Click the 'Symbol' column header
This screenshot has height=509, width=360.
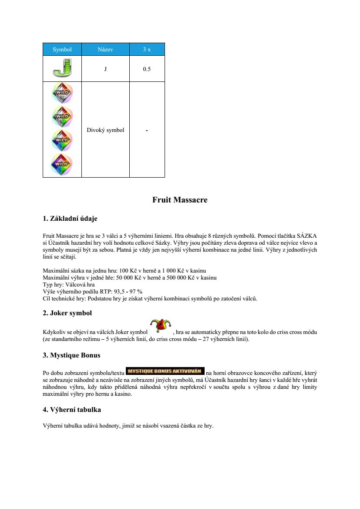click(62, 49)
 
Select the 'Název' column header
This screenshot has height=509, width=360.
click(105, 49)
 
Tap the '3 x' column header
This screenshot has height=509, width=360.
click(147, 49)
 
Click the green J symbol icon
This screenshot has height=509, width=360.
click(62, 68)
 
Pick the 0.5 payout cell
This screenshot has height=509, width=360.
click(147, 69)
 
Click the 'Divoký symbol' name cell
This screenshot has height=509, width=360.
click(105, 130)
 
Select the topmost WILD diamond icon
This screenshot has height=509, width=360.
click(62, 93)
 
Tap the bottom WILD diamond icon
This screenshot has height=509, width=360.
click(62, 164)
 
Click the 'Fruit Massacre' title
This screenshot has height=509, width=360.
click(180, 200)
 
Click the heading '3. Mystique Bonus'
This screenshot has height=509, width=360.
click(71, 355)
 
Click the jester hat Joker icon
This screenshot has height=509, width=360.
click(160, 326)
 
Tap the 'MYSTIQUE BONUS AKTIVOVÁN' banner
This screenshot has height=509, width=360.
click(165, 371)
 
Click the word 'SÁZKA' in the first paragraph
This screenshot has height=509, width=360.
click(308, 236)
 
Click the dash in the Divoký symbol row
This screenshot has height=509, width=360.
click(147, 130)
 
